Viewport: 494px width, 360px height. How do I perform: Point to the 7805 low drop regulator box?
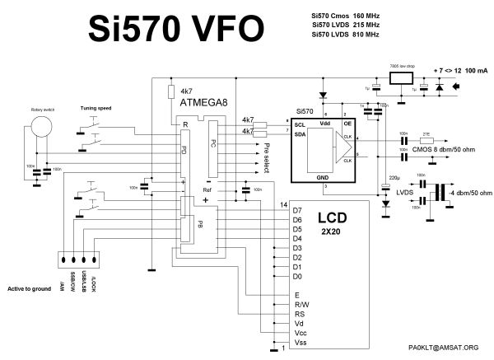click(403, 79)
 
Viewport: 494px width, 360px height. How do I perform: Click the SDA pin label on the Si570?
click(300, 133)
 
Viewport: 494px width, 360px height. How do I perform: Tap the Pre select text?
click(266, 154)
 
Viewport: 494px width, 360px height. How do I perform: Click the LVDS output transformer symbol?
click(440, 193)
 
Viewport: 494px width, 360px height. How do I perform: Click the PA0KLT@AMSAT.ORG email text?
click(443, 347)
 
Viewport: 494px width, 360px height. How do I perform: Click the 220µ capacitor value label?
click(394, 177)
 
